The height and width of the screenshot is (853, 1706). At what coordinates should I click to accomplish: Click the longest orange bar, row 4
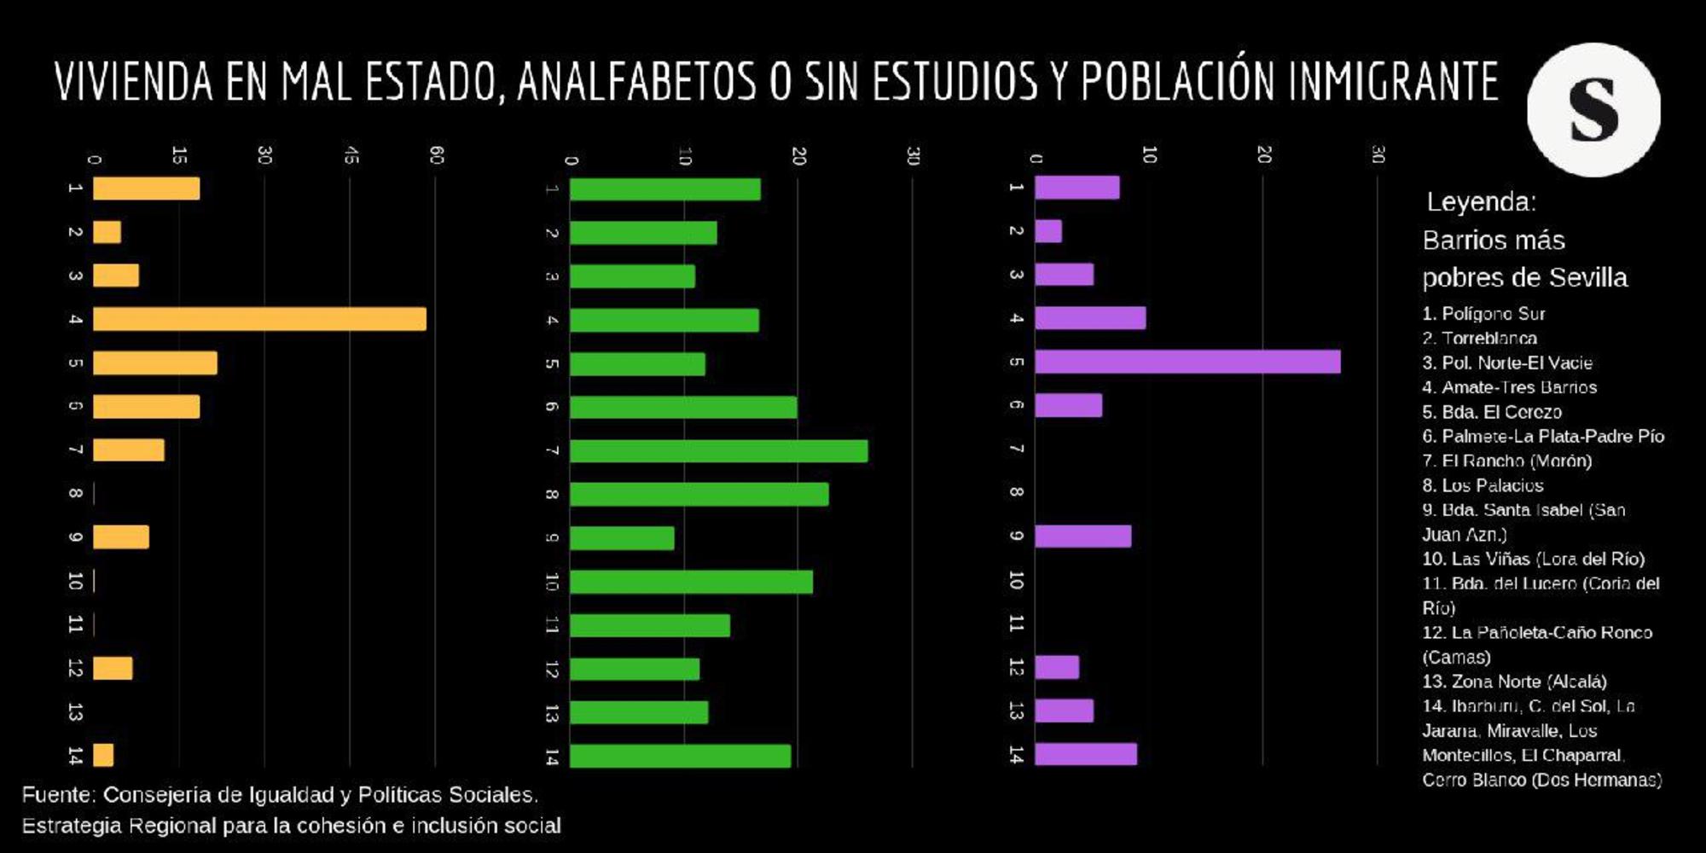[259, 319]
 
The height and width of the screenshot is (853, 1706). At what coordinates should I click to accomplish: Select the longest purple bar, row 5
[1187, 362]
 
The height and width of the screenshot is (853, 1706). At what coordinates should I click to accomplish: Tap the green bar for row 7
[718, 451]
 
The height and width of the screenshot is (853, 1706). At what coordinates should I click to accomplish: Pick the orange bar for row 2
[107, 232]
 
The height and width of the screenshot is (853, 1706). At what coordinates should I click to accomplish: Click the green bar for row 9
[622, 538]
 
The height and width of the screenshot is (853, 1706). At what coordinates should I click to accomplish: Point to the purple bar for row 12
[1057, 667]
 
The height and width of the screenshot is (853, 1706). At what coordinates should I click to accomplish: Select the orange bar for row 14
[103, 755]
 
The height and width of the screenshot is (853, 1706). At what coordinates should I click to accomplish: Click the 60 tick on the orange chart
[436, 155]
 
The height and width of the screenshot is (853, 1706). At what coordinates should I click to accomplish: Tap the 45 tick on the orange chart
[351, 155]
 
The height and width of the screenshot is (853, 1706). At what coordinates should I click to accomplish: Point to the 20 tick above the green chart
[798, 155]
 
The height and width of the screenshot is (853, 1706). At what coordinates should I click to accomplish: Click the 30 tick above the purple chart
[1378, 154]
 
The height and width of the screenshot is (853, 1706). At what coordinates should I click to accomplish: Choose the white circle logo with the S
[1593, 110]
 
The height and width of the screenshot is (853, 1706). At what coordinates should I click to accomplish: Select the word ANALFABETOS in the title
[636, 82]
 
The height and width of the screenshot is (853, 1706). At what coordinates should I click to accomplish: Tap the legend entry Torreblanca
[1480, 339]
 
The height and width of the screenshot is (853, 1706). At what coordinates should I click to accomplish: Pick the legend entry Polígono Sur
[1483, 314]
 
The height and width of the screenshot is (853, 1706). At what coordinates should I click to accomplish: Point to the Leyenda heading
[1481, 202]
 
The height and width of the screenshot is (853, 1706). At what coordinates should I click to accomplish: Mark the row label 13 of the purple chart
[1015, 711]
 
